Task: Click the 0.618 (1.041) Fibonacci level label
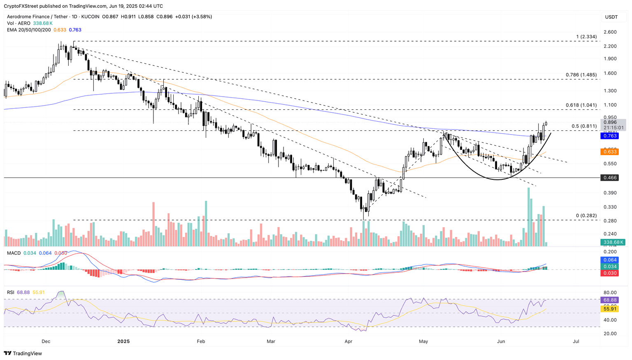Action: [x=581, y=105]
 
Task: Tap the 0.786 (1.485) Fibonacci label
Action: [x=581, y=75]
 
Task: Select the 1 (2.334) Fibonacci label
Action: [x=586, y=37]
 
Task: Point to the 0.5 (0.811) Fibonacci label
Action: [x=584, y=126]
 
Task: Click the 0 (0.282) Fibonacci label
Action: [x=586, y=216]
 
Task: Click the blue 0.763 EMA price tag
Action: [x=610, y=136]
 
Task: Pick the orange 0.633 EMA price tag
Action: [x=610, y=152]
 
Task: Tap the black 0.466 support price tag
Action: [x=610, y=178]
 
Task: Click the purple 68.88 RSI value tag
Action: [x=610, y=300]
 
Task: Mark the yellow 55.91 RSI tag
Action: [x=610, y=309]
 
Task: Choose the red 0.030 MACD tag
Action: [x=610, y=273]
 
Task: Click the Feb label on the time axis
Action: [x=201, y=341]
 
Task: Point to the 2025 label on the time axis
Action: [x=123, y=341]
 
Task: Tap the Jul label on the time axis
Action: [x=576, y=341]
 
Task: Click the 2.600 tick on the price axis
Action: [x=610, y=32]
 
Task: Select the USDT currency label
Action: [x=611, y=17]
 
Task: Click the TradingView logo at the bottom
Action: [x=23, y=353]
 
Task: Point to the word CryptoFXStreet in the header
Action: [x=21, y=6]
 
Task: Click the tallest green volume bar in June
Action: [x=528, y=217]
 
